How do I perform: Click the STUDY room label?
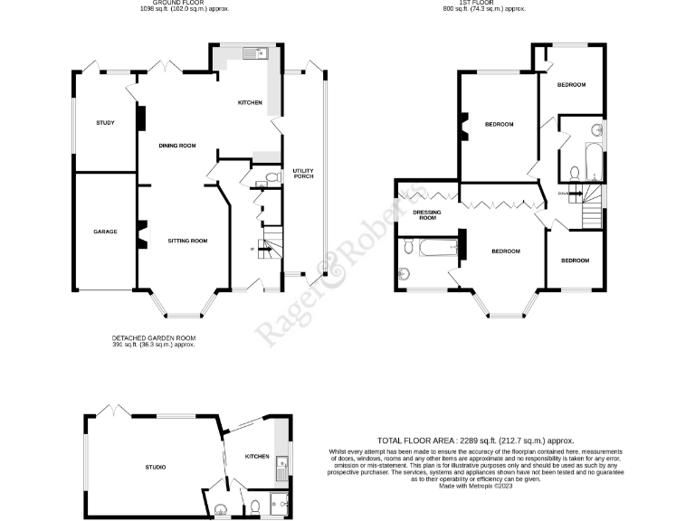(x=105, y=122)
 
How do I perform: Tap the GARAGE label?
(x=105, y=232)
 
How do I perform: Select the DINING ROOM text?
(x=177, y=146)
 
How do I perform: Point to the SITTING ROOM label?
(x=187, y=241)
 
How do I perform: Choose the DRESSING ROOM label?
(x=425, y=214)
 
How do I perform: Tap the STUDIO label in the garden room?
(x=155, y=467)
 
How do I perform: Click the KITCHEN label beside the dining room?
(x=250, y=102)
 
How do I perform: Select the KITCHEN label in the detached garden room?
(x=257, y=457)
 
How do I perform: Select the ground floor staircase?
(x=270, y=243)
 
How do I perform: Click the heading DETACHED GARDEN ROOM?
(x=153, y=338)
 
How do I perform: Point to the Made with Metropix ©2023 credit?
(x=488, y=486)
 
